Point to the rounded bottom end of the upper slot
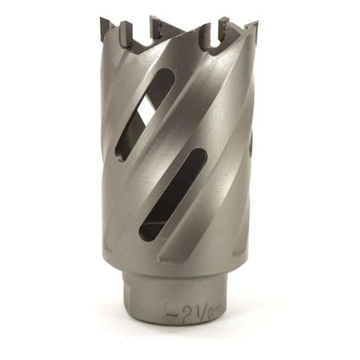(x=121, y=154)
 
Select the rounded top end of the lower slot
(x=198, y=155)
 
